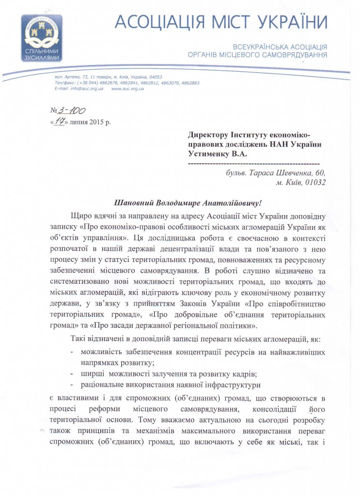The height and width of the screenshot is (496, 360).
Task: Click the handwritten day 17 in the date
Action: click(x=59, y=121)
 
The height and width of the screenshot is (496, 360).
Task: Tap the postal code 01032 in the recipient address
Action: click(x=313, y=183)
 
